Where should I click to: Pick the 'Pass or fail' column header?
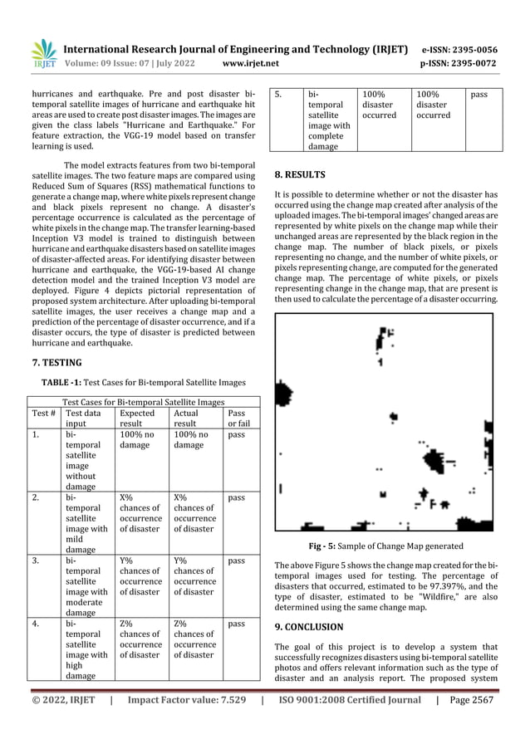[238, 418]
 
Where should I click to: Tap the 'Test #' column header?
[43, 412]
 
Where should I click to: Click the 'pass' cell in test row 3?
[236, 561]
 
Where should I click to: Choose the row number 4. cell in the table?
[36, 623]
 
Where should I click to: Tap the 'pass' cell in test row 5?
[479, 95]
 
